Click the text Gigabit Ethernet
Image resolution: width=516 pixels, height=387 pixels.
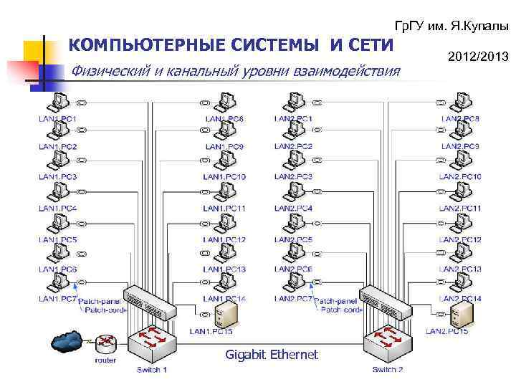pyautogui.click(x=272, y=354)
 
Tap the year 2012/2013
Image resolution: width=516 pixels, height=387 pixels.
pyautogui.click(x=477, y=54)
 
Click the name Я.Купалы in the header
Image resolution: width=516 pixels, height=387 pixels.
pyautogui.click(x=480, y=26)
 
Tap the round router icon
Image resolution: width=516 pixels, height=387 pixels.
pyautogui.click(x=107, y=343)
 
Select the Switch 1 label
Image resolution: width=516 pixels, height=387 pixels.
pyautogui.click(x=152, y=370)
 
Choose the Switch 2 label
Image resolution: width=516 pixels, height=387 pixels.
pyautogui.click(x=388, y=370)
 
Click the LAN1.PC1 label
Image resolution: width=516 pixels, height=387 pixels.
pyautogui.click(x=57, y=118)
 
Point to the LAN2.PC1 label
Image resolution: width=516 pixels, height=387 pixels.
pyautogui.click(x=293, y=118)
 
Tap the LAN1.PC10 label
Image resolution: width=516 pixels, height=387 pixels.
pyautogui.click(x=224, y=177)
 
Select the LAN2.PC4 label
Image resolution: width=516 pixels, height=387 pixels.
pyautogui.click(x=293, y=208)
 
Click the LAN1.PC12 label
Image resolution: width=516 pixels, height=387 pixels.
pyautogui.click(x=224, y=239)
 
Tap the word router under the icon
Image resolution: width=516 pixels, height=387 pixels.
pyautogui.click(x=105, y=360)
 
